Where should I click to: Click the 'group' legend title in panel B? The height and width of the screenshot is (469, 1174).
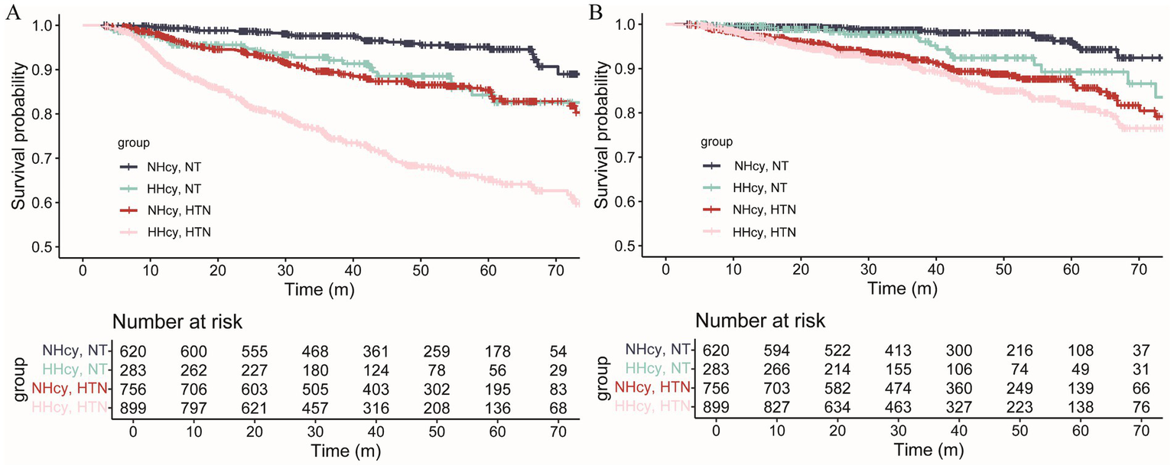(x=717, y=142)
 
